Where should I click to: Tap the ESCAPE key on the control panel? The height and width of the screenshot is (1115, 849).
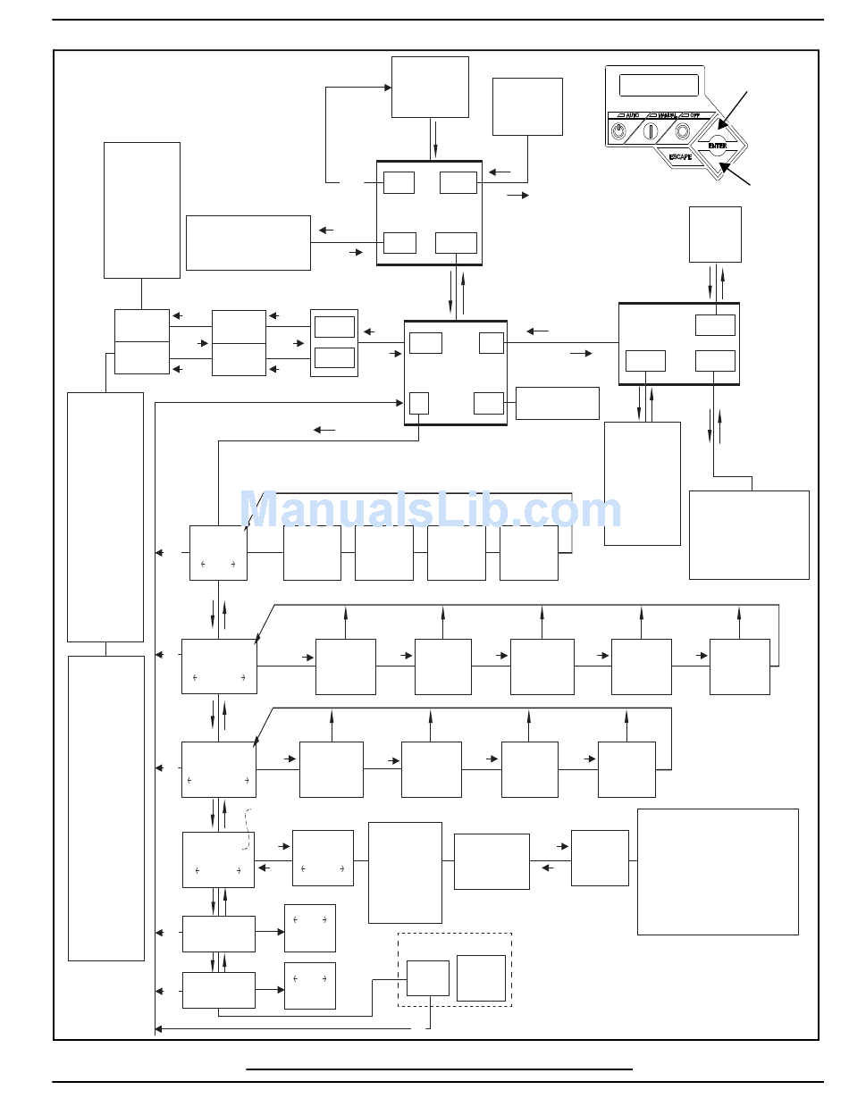(x=681, y=156)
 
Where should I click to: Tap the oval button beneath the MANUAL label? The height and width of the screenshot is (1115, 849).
(x=651, y=131)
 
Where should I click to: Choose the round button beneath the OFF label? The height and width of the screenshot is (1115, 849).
(x=683, y=131)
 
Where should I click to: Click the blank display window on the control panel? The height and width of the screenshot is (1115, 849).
(x=659, y=85)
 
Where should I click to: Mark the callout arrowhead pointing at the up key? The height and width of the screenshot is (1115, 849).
(x=722, y=125)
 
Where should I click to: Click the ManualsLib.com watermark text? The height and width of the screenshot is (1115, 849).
(x=430, y=511)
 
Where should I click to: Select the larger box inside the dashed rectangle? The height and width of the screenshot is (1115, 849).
(x=481, y=978)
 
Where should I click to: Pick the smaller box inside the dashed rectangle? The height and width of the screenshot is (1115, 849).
(x=428, y=978)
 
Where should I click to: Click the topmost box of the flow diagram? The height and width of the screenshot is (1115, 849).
(x=430, y=87)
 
